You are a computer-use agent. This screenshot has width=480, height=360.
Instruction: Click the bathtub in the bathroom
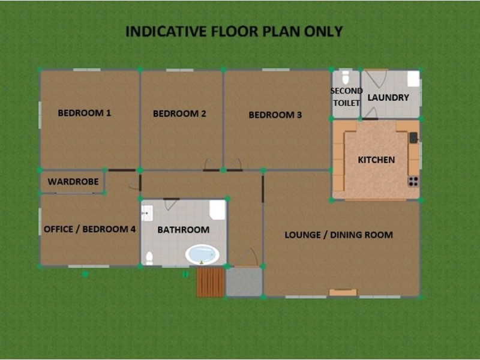click(x=202, y=254)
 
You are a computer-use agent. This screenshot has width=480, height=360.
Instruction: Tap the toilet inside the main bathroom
click(x=149, y=258)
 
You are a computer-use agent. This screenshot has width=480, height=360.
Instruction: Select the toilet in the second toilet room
click(x=345, y=78)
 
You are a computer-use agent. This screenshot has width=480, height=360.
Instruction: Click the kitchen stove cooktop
click(x=413, y=181)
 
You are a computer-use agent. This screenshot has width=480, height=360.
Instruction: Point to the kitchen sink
click(x=413, y=138)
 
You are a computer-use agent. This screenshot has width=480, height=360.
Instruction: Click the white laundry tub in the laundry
click(x=413, y=79)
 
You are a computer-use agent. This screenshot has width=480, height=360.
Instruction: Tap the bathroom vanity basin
click(x=147, y=212)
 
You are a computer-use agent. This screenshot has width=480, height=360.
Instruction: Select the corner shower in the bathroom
click(x=217, y=209)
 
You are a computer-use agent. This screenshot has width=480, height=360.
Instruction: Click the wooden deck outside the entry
click(x=211, y=282)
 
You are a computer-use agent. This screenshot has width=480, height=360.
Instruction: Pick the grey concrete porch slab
click(x=244, y=282)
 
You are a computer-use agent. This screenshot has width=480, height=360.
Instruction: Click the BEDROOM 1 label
click(x=84, y=113)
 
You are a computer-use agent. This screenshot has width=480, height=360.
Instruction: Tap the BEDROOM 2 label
click(x=179, y=113)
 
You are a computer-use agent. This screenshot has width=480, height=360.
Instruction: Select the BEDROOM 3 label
click(x=275, y=115)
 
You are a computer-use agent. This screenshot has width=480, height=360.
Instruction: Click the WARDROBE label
click(x=73, y=181)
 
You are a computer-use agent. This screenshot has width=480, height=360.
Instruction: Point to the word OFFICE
click(x=59, y=229)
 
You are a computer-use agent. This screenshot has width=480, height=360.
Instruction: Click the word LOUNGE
click(x=302, y=235)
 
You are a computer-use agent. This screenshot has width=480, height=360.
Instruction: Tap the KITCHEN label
click(x=376, y=160)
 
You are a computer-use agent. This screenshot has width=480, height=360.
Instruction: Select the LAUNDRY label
click(x=388, y=97)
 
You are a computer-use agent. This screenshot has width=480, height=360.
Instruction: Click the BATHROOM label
click(x=183, y=230)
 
